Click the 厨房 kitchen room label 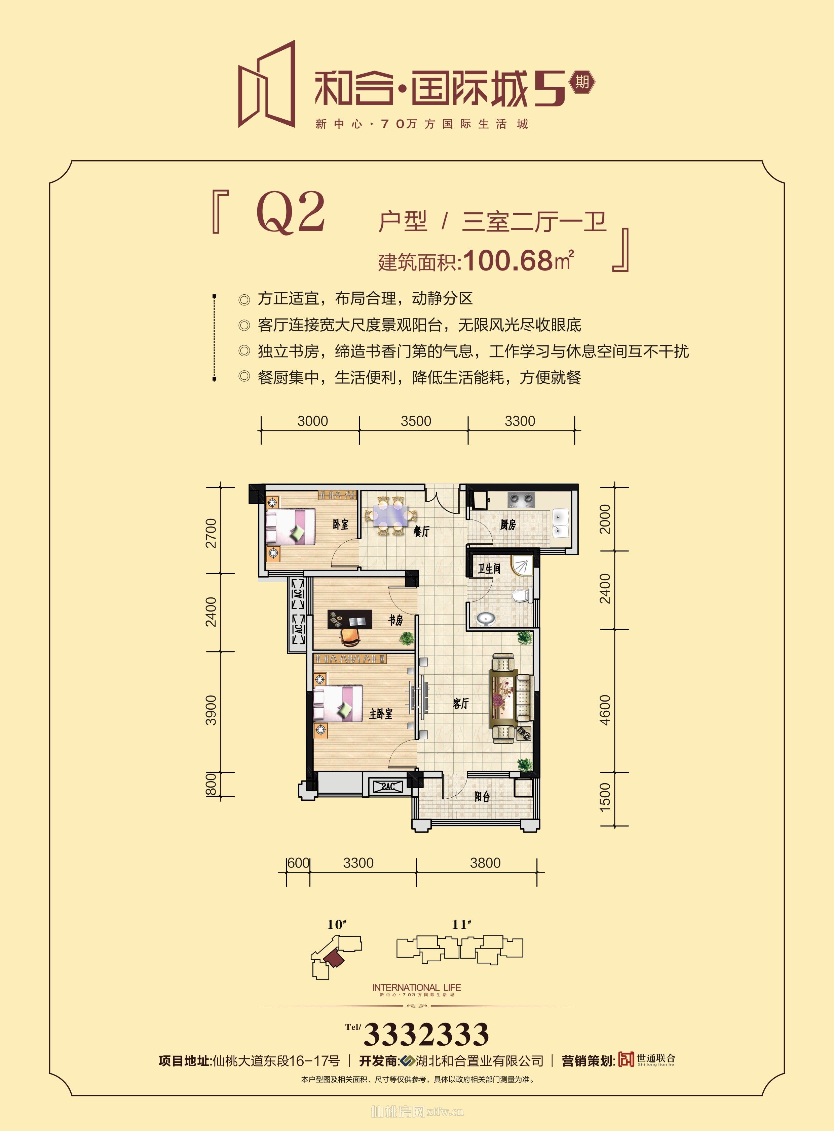point(508,525)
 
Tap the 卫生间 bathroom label point(489,569)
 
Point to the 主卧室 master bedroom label point(381,713)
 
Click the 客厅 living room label point(460,704)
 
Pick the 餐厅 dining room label point(421,531)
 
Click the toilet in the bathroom point(520,596)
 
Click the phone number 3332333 point(426,1034)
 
